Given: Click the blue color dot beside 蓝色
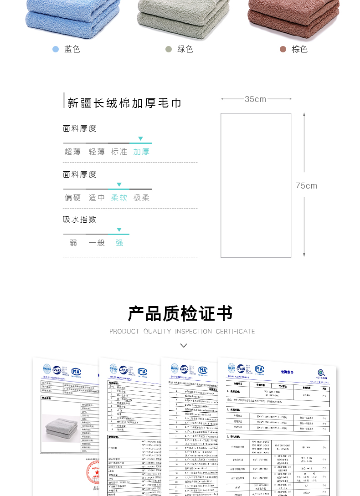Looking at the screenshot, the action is pos(56,49).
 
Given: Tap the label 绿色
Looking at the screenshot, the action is pos(185,49).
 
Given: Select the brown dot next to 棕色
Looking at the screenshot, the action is pos(283,49).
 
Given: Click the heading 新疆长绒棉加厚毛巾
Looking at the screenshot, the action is pos(124,103).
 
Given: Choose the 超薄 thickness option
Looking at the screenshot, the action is pos(72,152).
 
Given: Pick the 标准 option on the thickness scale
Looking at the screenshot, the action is pos(119,152).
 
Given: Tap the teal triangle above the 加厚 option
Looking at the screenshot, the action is pos(140,138).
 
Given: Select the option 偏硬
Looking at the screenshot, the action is pos(72,198).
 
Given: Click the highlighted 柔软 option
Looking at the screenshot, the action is pos(119,198).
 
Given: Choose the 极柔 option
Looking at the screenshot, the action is pos(141,198).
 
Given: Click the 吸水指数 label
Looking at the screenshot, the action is pos(80,220).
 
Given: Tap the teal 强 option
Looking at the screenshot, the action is pos(119,243).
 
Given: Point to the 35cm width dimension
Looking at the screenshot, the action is pos(255,99).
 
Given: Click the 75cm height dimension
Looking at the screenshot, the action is pos(306,186).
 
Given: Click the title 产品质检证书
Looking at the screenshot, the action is pos(180,313).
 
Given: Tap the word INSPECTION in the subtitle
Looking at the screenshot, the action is pos(194,332).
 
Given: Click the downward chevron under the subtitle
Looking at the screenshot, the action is pos(184,345).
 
